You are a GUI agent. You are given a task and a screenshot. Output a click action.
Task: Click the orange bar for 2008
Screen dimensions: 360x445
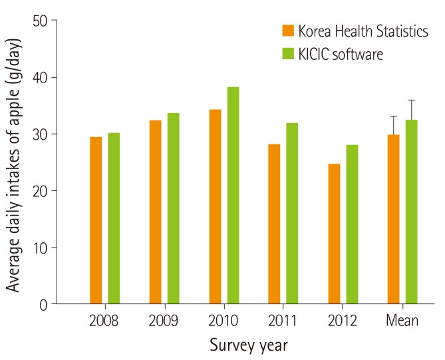pyautogui.click(x=96, y=220)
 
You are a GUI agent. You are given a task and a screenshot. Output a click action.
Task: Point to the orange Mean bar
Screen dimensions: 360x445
pyautogui.click(x=393, y=219)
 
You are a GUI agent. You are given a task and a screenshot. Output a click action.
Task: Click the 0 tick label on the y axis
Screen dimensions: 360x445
pyautogui.click(x=43, y=304)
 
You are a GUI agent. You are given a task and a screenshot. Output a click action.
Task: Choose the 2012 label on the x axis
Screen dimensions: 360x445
pyautogui.click(x=343, y=321)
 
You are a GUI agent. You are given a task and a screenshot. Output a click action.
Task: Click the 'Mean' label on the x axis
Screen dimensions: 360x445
pyautogui.click(x=402, y=321)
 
